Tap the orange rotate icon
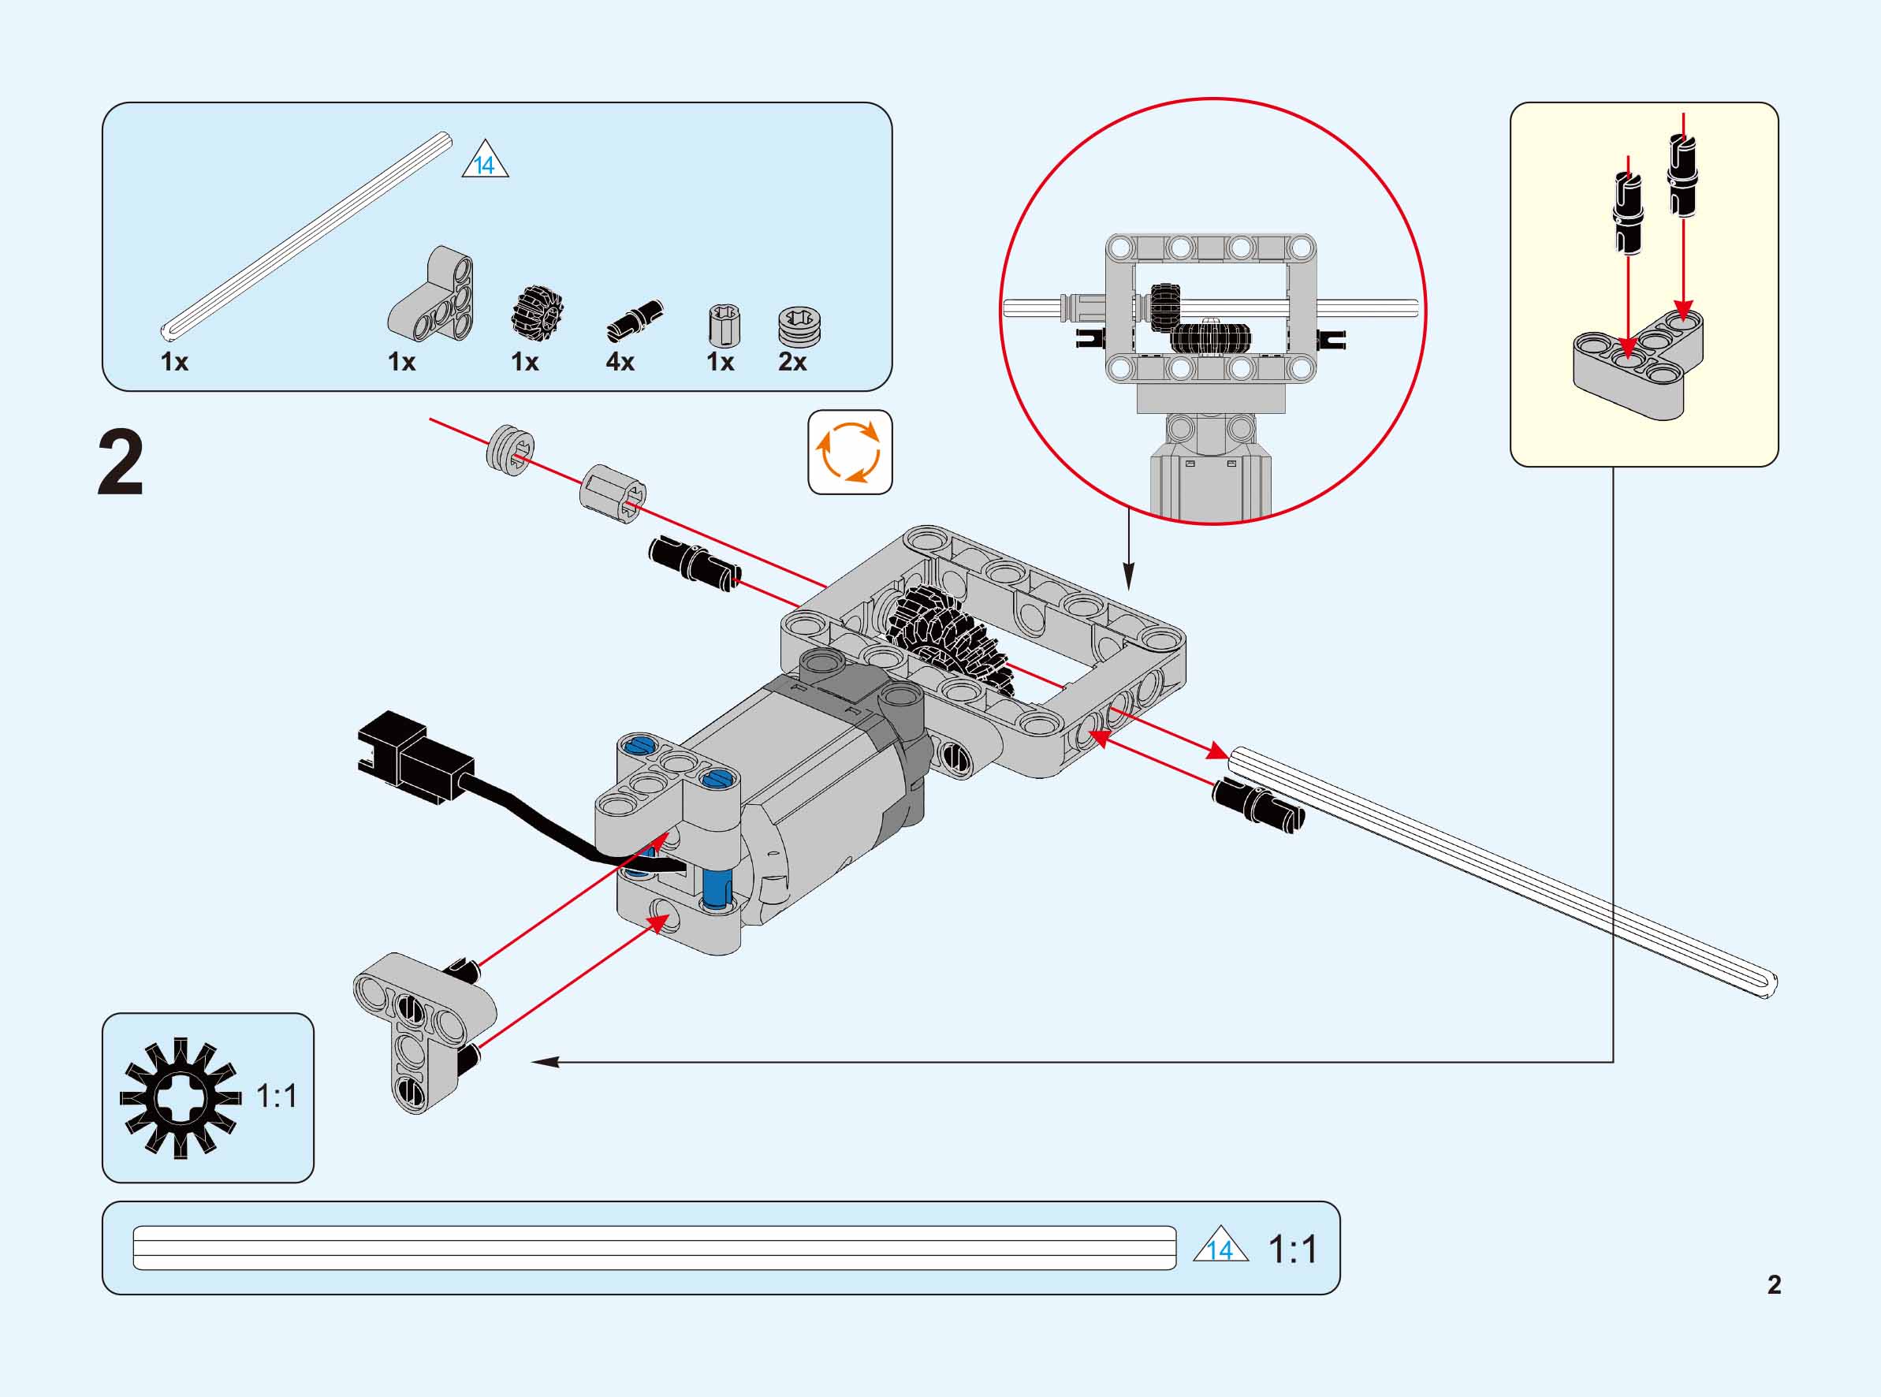coord(850,453)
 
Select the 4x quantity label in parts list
coord(620,362)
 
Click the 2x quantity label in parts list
coord(792,362)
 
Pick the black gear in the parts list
coord(537,310)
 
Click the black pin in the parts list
coord(635,321)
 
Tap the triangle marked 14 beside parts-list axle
coord(486,161)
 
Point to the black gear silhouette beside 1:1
coord(179,1097)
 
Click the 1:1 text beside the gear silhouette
coord(277,1097)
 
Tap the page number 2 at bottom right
coord(1774,1284)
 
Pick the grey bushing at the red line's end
coord(512,448)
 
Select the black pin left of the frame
coord(694,561)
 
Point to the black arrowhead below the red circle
coord(1128,583)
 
